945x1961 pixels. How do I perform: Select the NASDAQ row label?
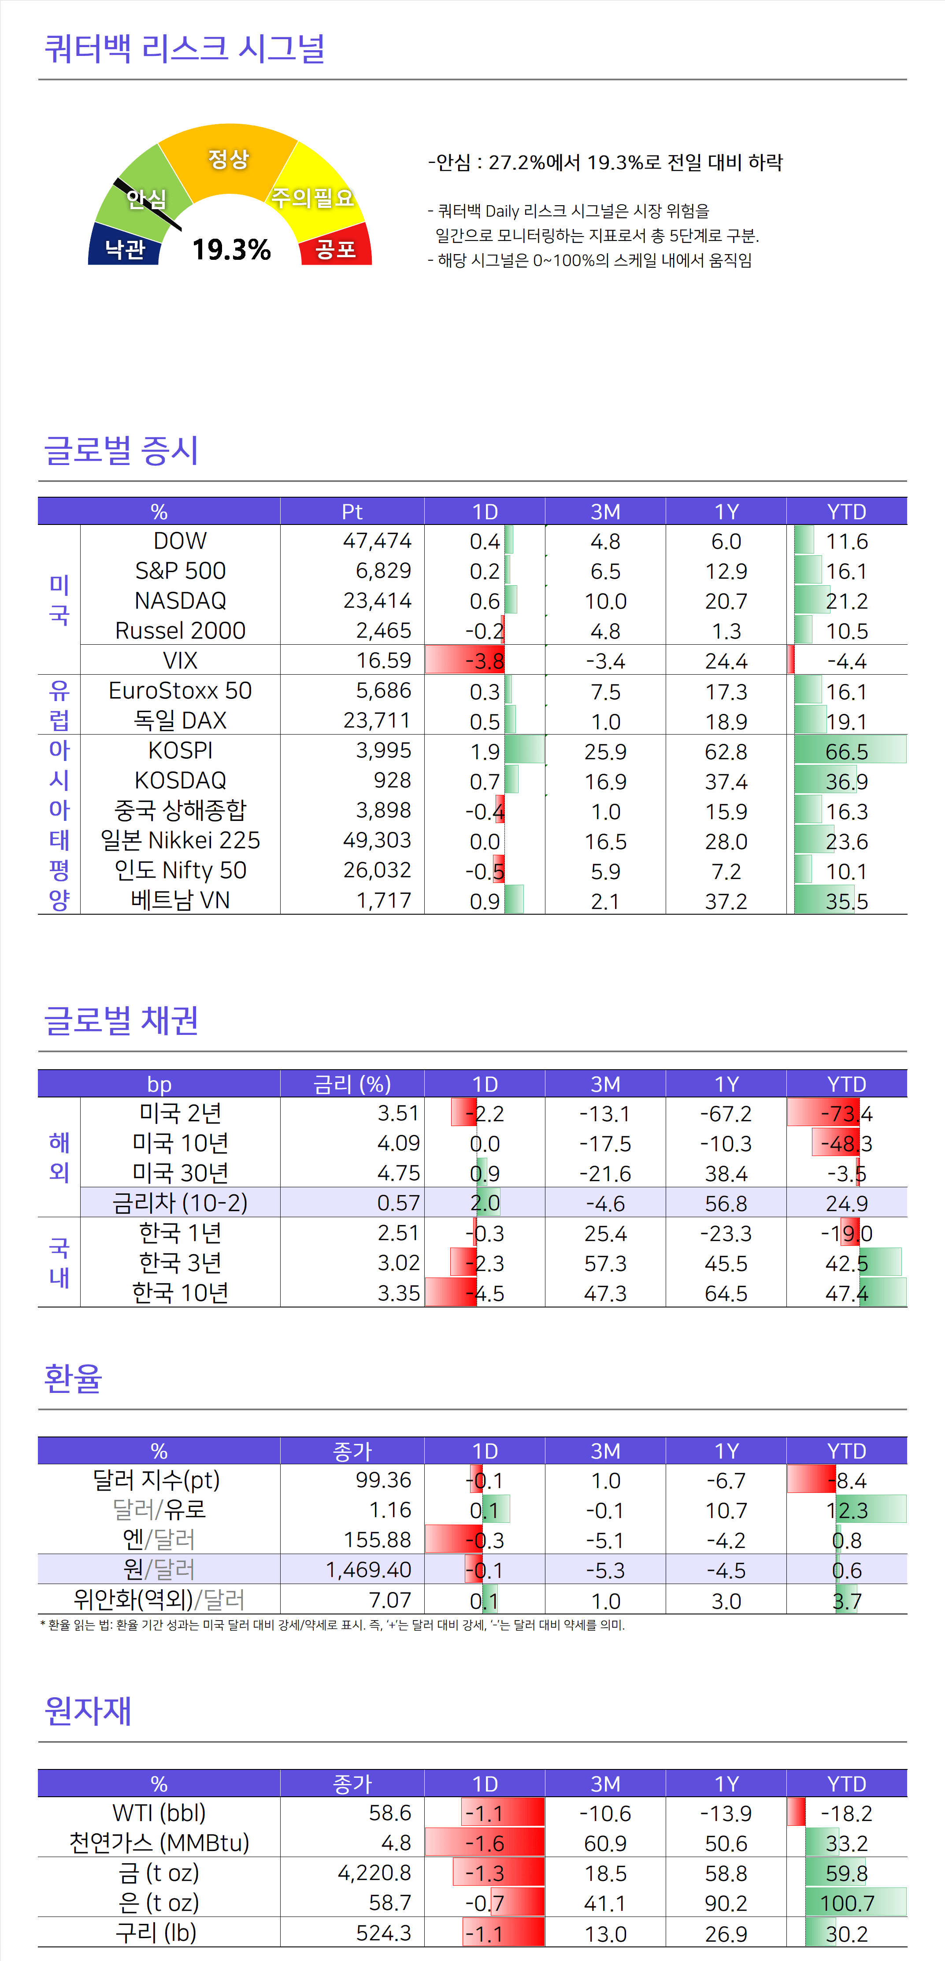click(x=181, y=601)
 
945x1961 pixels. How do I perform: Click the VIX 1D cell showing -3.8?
click(x=484, y=661)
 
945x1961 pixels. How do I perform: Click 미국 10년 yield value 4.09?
click(x=398, y=1143)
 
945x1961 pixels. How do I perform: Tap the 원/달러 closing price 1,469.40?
click(x=369, y=1570)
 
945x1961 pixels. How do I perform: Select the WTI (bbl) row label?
click(x=159, y=1813)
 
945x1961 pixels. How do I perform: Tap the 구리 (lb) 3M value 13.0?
click(x=605, y=1934)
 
